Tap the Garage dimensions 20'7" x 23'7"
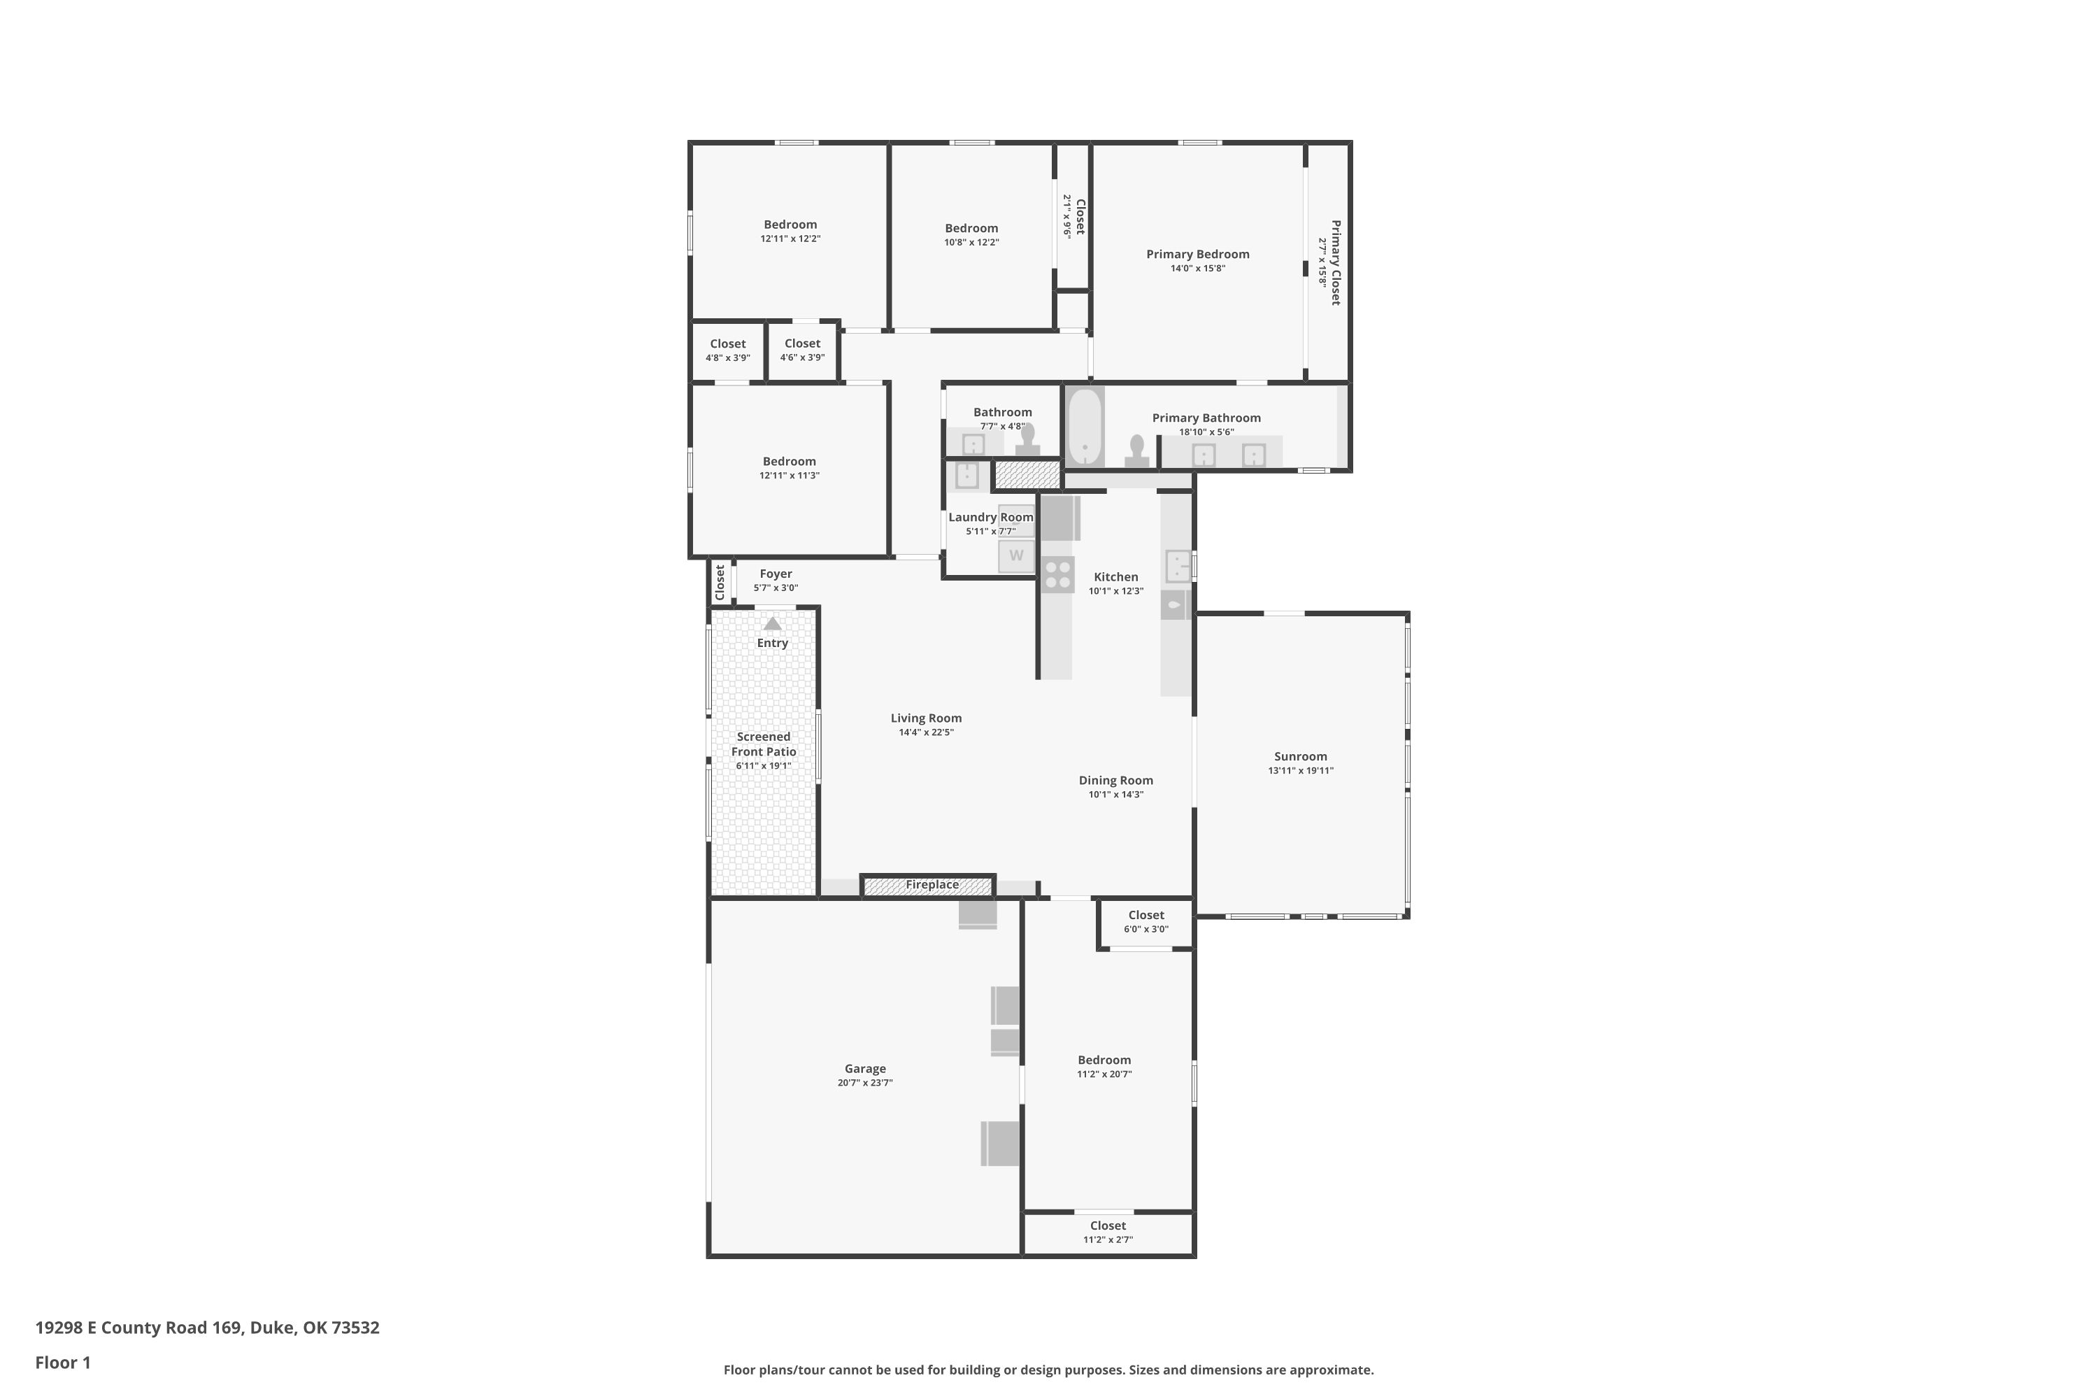[x=864, y=1083]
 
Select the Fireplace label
[x=932, y=885]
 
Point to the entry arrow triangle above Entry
[x=773, y=624]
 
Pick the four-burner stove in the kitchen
[x=1058, y=574]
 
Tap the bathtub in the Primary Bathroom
[x=1085, y=427]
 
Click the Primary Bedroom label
[x=1197, y=255]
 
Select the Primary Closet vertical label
[x=1335, y=262]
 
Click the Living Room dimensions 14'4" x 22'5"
[x=926, y=732]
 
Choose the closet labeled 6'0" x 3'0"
[x=1146, y=922]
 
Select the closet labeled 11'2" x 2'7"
[x=1108, y=1233]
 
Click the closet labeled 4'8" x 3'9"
[x=728, y=350]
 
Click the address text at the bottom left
[x=207, y=1328]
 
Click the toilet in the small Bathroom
[x=1027, y=440]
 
